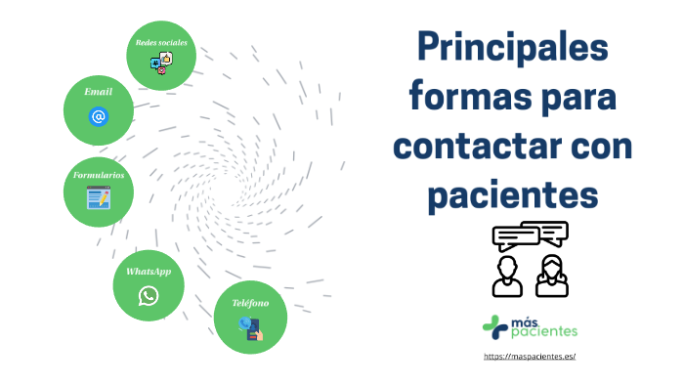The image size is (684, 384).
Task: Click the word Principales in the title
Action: click(x=512, y=48)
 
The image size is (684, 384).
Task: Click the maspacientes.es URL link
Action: click(x=530, y=356)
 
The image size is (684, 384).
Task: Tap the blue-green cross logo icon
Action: click(x=495, y=326)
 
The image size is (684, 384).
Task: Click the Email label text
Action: click(x=98, y=91)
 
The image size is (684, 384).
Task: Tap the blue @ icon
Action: click(x=98, y=117)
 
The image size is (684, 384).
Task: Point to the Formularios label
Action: click(x=99, y=175)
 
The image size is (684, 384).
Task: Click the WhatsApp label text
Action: click(x=149, y=270)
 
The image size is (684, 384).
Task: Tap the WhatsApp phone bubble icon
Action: click(x=149, y=295)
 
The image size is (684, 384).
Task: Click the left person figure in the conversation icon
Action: click(x=507, y=276)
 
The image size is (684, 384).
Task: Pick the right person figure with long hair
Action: click(x=552, y=276)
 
